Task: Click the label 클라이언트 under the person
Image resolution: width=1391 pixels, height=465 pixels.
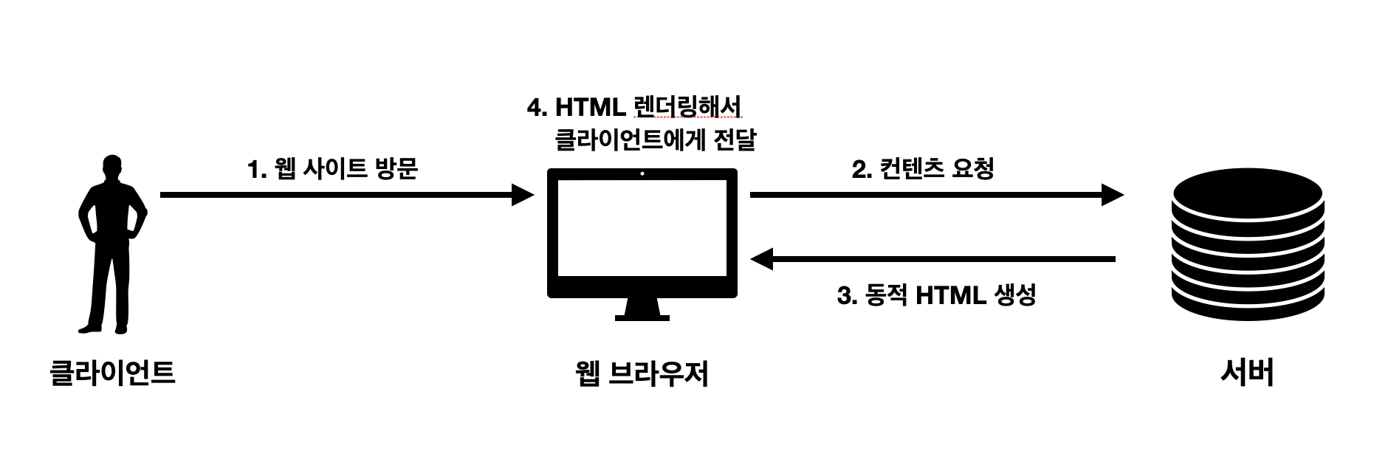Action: tap(112, 372)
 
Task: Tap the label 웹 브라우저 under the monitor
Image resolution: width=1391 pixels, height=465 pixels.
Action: tap(642, 373)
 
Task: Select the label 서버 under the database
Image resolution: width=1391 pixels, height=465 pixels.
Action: tap(1247, 372)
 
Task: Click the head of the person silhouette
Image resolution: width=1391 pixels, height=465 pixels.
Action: tap(111, 166)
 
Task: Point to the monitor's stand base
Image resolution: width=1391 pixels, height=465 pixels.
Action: tap(642, 317)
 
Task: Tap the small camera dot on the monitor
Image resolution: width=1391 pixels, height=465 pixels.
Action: tap(642, 174)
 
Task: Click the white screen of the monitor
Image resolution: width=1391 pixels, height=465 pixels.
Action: tap(642, 228)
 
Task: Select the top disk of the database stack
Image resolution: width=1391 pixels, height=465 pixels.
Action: tap(1247, 190)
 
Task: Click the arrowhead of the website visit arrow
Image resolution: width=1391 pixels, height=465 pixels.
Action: tap(523, 195)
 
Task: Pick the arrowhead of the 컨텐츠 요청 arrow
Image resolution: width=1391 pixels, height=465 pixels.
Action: tap(1113, 195)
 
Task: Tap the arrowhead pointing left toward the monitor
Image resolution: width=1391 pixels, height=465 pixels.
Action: tap(761, 259)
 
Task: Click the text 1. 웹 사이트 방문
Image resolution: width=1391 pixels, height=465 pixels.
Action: tap(333, 169)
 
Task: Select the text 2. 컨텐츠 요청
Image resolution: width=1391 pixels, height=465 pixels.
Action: tap(923, 169)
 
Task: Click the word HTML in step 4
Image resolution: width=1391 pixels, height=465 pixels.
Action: tap(590, 108)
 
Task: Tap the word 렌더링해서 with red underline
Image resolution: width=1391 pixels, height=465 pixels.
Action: tap(687, 108)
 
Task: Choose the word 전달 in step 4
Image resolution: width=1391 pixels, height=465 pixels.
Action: tap(735, 139)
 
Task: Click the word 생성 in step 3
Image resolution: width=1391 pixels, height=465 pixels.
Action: tap(1015, 295)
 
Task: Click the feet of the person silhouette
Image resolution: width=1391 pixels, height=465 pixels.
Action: tap(104, 327)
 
